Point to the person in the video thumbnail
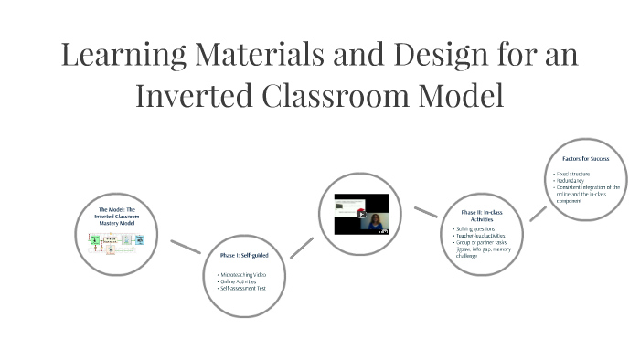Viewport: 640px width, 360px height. [375, 222]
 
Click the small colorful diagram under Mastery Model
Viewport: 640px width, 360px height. [116, 242]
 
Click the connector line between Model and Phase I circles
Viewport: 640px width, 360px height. [186, 245]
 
